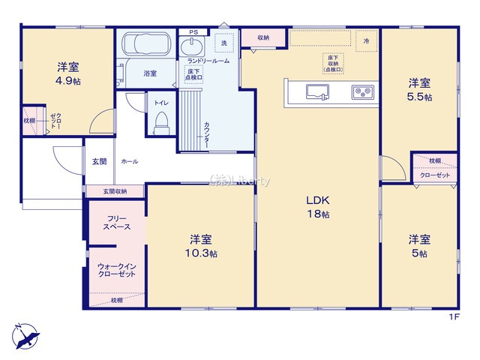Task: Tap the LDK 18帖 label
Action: [318, 207]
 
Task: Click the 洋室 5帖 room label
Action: [419, 246]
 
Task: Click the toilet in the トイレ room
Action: [161, 121]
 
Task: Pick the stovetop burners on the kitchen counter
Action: [363, 92]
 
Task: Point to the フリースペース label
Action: [117, 222]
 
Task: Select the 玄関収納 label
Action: [115, 192]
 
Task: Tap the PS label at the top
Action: [193, 31]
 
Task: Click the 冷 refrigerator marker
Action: [367, 40]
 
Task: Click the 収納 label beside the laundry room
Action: [263, 37]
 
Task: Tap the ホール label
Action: [129, 161]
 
